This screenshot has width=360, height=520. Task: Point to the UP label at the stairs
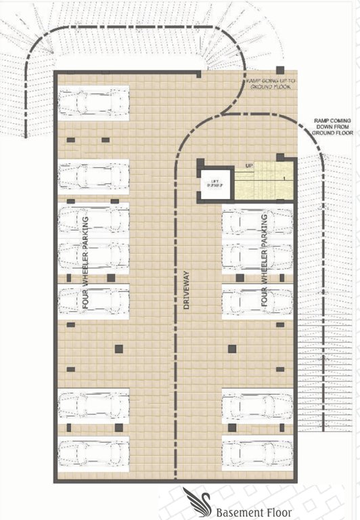coord(249,166)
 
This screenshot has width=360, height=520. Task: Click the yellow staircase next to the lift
coord(264,181)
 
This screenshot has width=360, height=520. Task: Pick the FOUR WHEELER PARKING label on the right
coord(265,264)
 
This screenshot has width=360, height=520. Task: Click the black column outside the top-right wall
coord(280,69)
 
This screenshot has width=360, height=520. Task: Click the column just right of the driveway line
coord(231,349)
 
